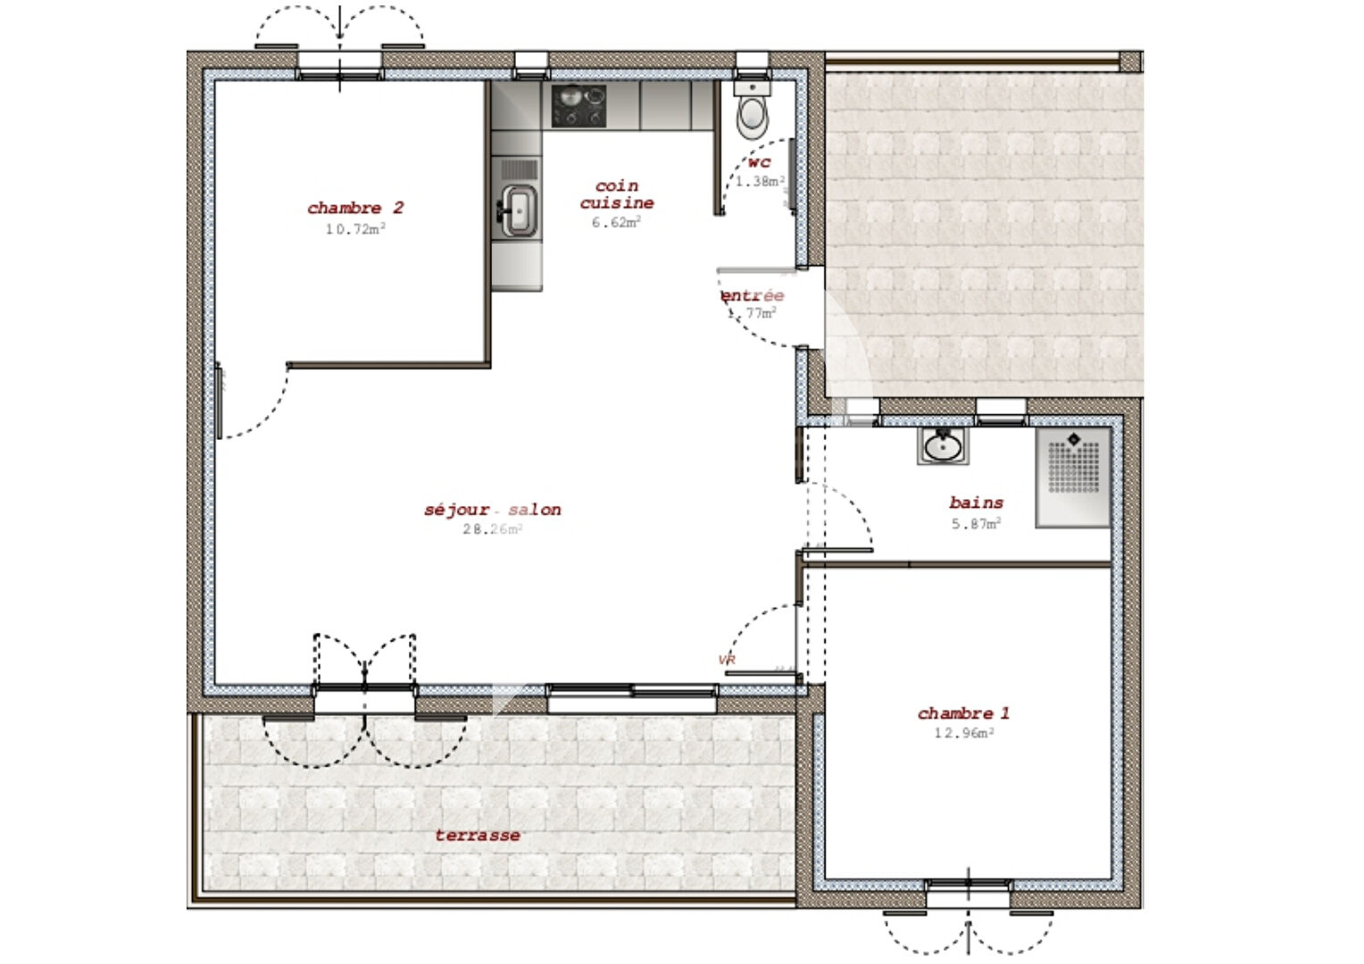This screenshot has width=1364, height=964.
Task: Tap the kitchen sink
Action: pyautogui.click(x=518, y=212)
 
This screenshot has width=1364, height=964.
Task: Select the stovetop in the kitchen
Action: pyautogui.click(x=578, y=105)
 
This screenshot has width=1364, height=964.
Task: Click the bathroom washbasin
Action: pyautogui.click(x=942, y=445)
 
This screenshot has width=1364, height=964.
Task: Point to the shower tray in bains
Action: pyautogui.click(x=1073, y=477)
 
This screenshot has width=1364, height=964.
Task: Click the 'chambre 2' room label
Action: pyautogui.click(x=355, y=208)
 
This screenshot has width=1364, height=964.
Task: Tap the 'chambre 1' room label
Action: pyautogui.click(x=963, y=713)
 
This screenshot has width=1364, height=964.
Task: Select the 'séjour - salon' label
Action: pyautogui.click(x=493, y=510)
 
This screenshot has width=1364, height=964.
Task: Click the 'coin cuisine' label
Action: pyautogui.click(x=617, y=195)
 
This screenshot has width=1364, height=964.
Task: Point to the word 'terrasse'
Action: pyautogui.click(x=478, y=835)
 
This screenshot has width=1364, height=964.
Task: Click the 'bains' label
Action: pyautogui.click(x=976, y=503)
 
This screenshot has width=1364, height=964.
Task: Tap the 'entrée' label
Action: pyautogui.click(x=753, y=295)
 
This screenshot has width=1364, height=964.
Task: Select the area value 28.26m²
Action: pyautogui.click(x=492, y=529)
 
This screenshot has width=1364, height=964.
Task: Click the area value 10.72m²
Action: pyautogui.click(x=355, y=229)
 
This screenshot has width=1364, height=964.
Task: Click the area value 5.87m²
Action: pyautogui.click(x=976, y=524)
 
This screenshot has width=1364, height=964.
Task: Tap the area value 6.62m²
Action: pyautogui.click(x=616, y=222)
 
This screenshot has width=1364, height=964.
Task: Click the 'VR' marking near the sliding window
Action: pyautogui.click(x=727, y=660)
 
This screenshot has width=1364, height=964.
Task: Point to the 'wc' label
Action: pyautogui.click(x=759, y=162)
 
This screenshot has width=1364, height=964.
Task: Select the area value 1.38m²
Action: pyautogui.click(x=760, y=181)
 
